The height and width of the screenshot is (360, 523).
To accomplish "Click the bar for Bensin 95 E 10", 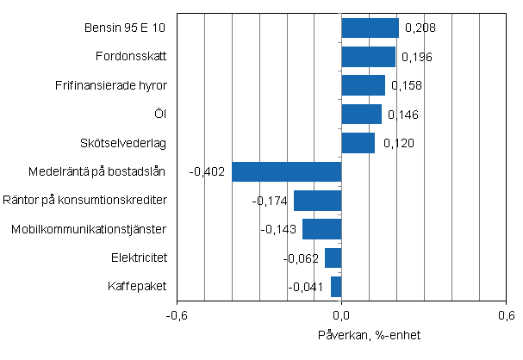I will coord(370,28).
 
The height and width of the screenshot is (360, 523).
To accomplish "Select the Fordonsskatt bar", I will coord(369,57).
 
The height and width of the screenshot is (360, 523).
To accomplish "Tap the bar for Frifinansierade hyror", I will coord(364,85).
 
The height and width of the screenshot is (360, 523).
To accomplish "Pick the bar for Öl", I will coord(362,115).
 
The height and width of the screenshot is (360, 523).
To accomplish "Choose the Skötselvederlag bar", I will coord(358,143).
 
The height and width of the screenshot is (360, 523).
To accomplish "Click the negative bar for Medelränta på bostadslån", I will coord(287,171).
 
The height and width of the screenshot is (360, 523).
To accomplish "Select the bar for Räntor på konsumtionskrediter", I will coord(318,201).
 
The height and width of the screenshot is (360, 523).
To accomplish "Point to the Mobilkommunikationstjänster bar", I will coord(322,229).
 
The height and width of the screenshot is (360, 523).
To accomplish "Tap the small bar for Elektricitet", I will coord(333,258).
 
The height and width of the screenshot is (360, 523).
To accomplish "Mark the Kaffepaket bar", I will coord(336,286).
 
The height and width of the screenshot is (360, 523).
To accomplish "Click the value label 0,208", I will coord(419,28).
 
